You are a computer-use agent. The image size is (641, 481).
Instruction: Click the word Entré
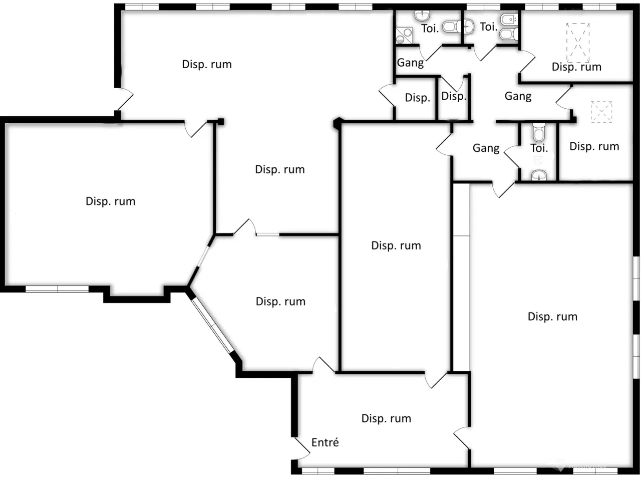point(325,442)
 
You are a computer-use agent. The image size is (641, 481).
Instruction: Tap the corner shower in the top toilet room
point(404,36)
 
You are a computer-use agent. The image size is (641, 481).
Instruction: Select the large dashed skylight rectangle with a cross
point(577,43)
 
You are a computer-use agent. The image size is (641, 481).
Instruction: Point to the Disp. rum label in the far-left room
point(110,201)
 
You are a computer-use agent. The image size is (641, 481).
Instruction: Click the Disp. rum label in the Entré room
point(386,418)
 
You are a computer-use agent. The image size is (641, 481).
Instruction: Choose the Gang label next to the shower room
point(410,63)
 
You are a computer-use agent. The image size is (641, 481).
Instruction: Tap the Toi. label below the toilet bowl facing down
point(539,148)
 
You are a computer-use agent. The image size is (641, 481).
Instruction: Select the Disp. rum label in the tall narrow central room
point(396,246)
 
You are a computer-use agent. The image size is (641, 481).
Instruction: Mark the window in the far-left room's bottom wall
point(57,289)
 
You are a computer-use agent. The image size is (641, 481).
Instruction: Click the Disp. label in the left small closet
point(418,98)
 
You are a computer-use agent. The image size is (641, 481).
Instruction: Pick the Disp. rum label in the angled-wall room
point(280,302)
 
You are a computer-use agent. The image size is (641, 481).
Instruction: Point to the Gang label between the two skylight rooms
point(518,96)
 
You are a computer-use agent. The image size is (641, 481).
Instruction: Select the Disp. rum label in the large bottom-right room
point(552,317)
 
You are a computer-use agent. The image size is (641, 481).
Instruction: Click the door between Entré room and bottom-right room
point(462,438)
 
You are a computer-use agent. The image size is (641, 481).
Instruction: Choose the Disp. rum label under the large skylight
point(576,67)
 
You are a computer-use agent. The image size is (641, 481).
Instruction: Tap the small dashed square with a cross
point(601,112)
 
